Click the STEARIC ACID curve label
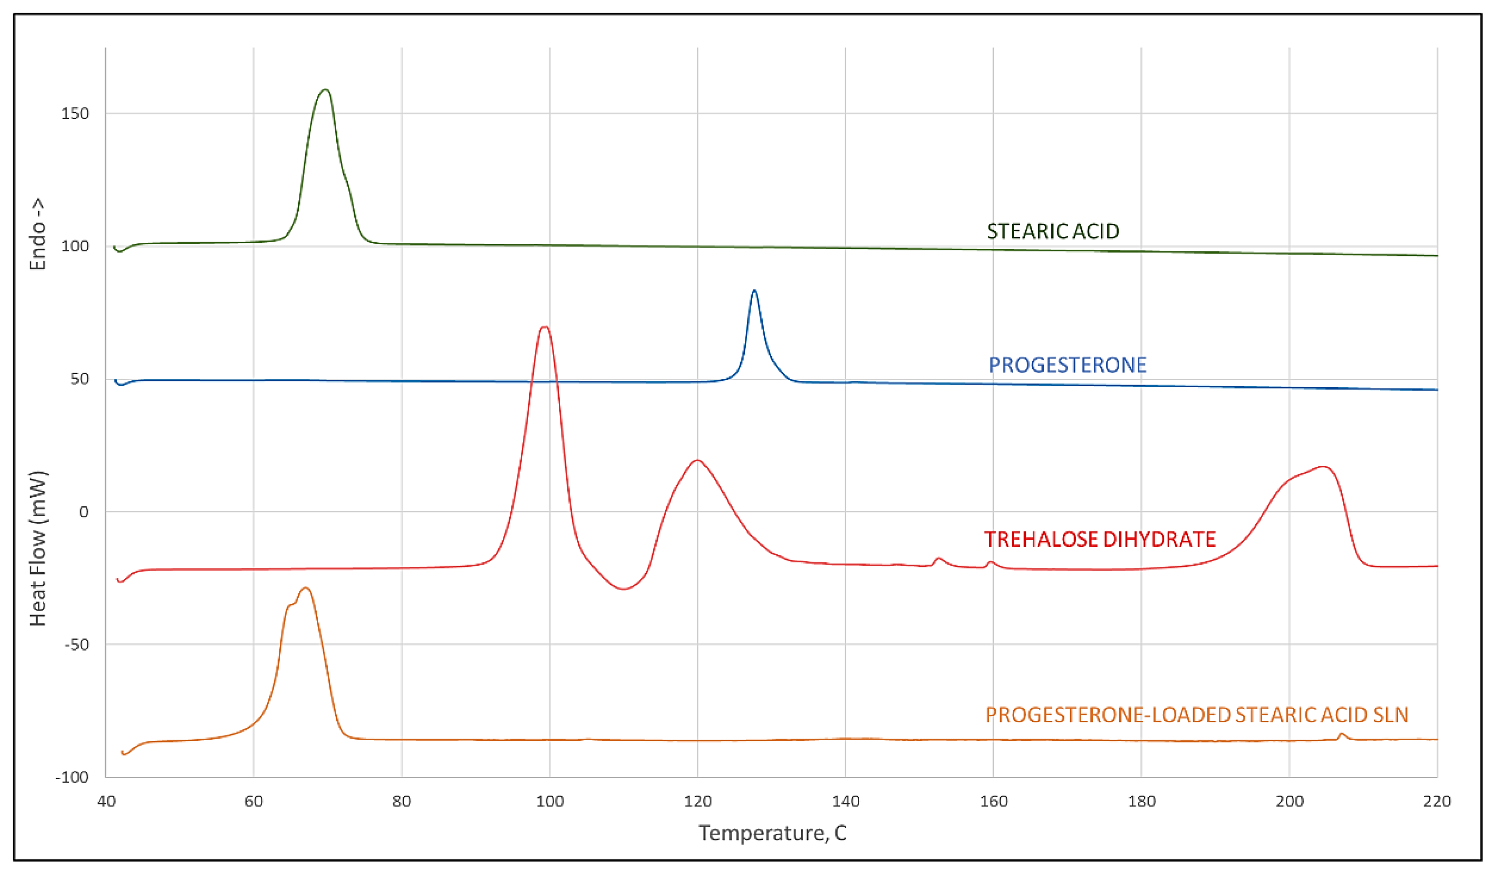(x=1052, y=231)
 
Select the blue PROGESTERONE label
(x=1067, y=365)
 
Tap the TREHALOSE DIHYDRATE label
(x=1099, y=539)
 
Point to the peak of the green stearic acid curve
(x=325, y=90)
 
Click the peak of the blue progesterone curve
(x=754, y=291)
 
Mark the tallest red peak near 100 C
(x=544, y=327)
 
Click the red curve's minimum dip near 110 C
(x=623, y=589)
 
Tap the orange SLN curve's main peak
(x=306, y=588)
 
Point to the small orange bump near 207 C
(x=1342, y=734)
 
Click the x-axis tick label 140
(x=846, y=801)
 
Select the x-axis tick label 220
(x=1437, y=801)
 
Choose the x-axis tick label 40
(x=106, y=801)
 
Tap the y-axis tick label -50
(x=76, y=645)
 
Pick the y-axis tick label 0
(x=83, y=512)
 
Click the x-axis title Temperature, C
(x=772, y=833)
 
